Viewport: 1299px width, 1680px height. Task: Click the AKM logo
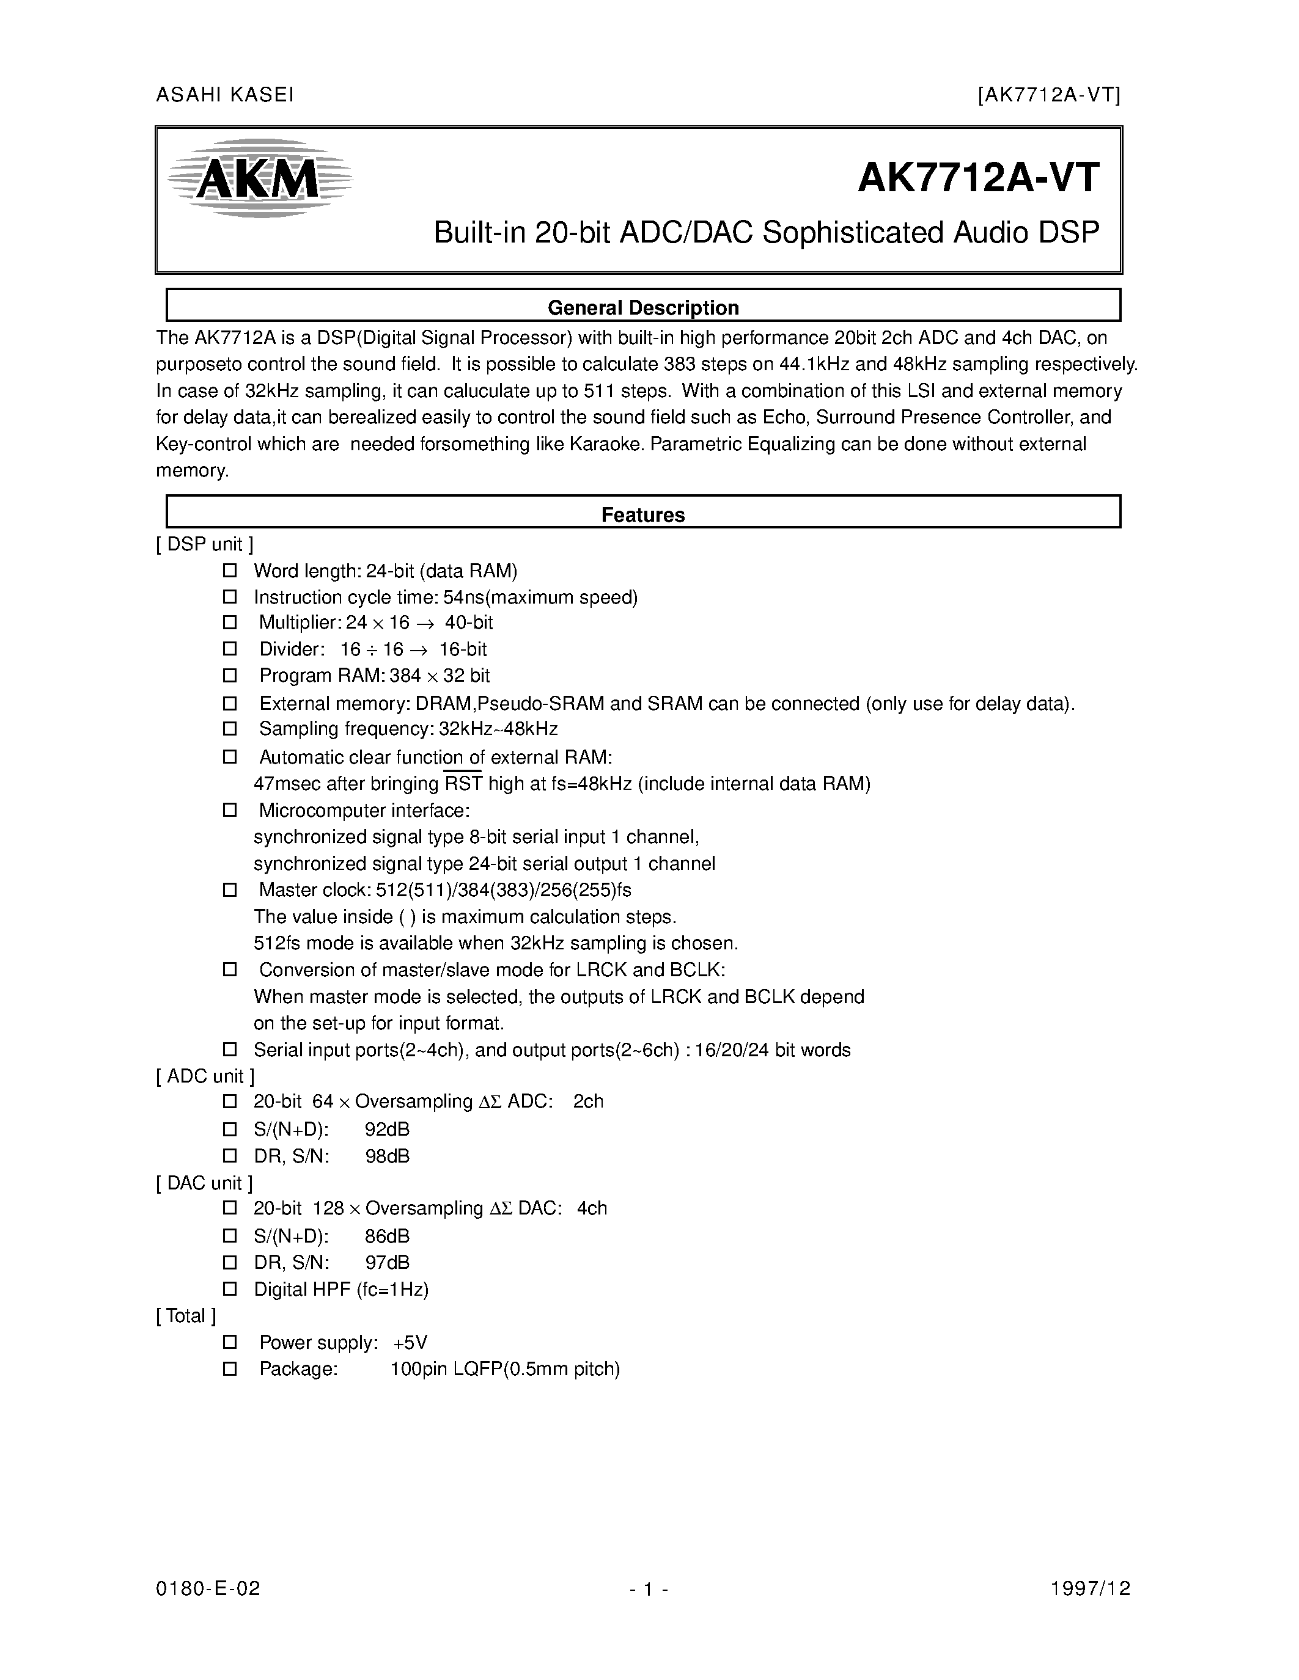click(259, 178)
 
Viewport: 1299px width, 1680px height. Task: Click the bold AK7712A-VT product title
click(978, 178)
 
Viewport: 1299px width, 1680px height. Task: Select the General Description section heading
click(642, 308)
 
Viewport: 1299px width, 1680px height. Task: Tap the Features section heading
click(642, 514)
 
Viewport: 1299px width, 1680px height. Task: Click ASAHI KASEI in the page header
click(225, 95)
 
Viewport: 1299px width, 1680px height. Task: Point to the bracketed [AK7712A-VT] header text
click(1049, 95)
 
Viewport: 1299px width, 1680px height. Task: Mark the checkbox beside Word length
click(229, 571)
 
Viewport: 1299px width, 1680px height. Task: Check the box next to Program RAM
click(229, 676)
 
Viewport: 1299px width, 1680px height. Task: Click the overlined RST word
click(463, 784)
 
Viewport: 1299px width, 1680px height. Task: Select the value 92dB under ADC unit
click(387, 1129)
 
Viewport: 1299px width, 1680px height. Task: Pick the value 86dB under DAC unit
click(387, 1236)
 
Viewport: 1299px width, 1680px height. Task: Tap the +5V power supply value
click(410, 1342)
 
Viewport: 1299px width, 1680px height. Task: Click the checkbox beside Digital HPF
click(229, 1288)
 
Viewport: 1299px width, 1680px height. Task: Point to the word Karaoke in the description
click(604, 444)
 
